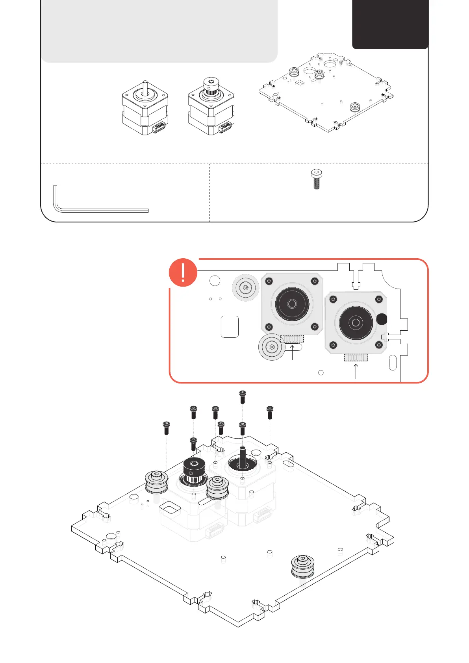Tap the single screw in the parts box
click(x=316, y=179)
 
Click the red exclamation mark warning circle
click(x=183, y=272)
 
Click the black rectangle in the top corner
click(x=390, y=24)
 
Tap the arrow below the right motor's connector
click(x=356, y=371)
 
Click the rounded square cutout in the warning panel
click(x=230, y=326)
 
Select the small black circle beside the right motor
click(x=381, y=319)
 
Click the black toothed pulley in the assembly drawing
click(x=194, y=470)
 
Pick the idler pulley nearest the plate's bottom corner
click(x=302, y=565)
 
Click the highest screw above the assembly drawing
click(x=243, y=397)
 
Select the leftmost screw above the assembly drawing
click(x=166, y=428)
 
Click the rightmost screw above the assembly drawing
click(x=270, y=412)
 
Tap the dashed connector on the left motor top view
click(x=292, y=339)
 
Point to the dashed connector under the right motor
click(x=356, y=357)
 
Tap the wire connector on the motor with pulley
click(x=225, y=127)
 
